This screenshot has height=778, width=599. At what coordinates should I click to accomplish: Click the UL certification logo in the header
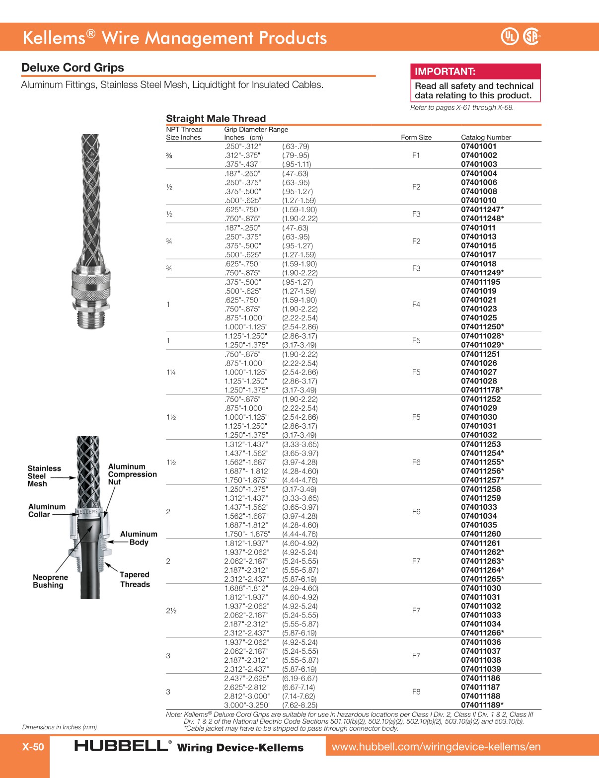click(509, 36)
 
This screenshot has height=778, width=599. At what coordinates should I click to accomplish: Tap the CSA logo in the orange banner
click(531, 36)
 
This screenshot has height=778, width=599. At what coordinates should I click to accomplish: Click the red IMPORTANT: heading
click(445, 72)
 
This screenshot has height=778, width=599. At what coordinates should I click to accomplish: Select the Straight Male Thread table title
click(216, 118)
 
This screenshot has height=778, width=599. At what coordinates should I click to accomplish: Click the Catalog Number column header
click(486, 137)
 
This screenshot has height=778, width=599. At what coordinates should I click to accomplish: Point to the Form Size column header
click(416, 137)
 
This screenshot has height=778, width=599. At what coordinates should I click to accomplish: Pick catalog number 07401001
click(478, 146)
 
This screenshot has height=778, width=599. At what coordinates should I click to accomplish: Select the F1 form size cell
click(416, 156)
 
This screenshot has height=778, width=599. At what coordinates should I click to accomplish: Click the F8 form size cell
click(416, 692)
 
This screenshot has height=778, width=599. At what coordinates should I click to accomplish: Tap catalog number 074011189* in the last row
click(482, 705)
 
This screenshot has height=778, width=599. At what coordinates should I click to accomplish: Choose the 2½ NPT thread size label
click(171, 611)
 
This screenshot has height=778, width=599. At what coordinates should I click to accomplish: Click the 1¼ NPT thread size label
click(171, 372)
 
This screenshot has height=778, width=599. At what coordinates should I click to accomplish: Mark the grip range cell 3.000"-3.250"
click(247, 705)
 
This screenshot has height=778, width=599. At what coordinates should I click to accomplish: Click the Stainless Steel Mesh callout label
click(44, 476)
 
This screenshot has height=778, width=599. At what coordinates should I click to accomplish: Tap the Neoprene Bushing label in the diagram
click(50, 581)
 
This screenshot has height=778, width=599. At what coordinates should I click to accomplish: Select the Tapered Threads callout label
click(135, 579)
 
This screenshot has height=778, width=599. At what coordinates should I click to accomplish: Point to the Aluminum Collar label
click(47, 510)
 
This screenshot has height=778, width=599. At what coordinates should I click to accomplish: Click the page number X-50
click(33, 747)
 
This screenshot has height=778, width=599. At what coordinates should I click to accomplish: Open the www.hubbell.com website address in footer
click(436, 746)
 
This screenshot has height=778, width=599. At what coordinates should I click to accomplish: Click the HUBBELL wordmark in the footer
click(120, 746)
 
